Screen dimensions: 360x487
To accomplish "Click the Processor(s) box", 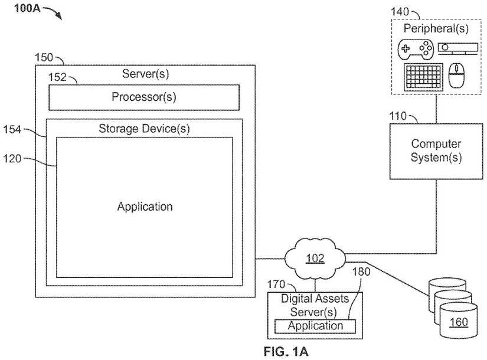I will click(x=143, y=97).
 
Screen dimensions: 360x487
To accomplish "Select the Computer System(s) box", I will click(x=436, y=150).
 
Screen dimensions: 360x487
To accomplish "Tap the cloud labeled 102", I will click(x=314, y=257).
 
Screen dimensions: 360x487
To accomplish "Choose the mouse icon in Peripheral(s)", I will click(x=456, y=77).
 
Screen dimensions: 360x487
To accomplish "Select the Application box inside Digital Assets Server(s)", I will click(x=315, y=326).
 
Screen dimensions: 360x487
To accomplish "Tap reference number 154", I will click(x=14, y=128).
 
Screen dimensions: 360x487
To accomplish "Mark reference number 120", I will click(x=14, y=158).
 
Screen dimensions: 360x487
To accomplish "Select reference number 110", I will click(x=399, y=116).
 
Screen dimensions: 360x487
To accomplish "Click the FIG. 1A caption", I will click(x=286, y=352).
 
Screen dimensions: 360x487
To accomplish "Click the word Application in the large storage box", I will click(x=145, y=207).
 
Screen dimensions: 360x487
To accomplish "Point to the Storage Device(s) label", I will click(x=144, y=128).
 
